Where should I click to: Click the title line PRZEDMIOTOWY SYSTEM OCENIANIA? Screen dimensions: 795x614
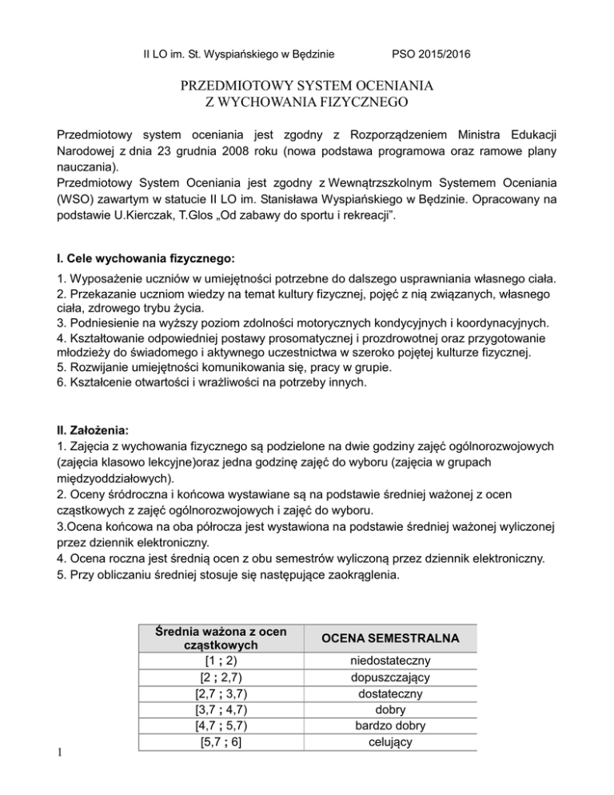(x=306, y=85)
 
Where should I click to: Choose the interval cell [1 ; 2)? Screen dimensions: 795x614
(x=220, y=661)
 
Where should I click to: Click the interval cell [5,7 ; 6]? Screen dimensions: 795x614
(x=220, y=741)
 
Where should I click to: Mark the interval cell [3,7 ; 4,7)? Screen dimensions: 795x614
(x=220, y=709)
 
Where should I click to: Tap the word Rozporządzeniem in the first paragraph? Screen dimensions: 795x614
(x=373, y=131)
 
